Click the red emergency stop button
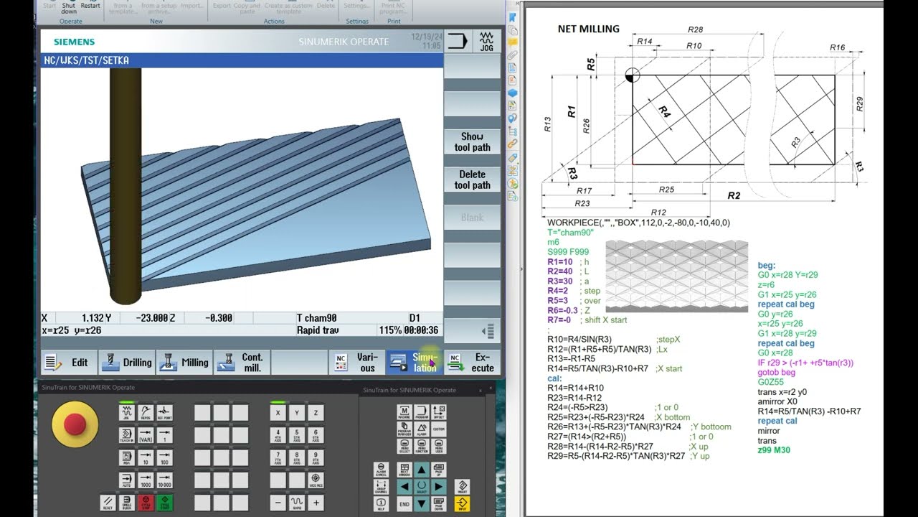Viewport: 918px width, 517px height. point(75,424)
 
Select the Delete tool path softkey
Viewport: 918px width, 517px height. point(472,180)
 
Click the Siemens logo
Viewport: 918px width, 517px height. point(74,42)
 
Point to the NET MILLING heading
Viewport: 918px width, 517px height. point(588,29)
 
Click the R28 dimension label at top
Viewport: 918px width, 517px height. point(695,29)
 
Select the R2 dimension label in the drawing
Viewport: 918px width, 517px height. point(734,195)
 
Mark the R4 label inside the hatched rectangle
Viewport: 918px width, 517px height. point(664,113)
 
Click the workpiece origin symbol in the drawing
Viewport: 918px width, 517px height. point(633,75)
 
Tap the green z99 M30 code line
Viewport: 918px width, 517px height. point(774,450)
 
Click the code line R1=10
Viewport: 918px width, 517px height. point(560,261)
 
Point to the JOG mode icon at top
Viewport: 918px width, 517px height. point(486,41)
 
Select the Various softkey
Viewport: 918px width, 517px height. point(356,363)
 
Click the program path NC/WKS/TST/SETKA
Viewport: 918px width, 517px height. point(87,60)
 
